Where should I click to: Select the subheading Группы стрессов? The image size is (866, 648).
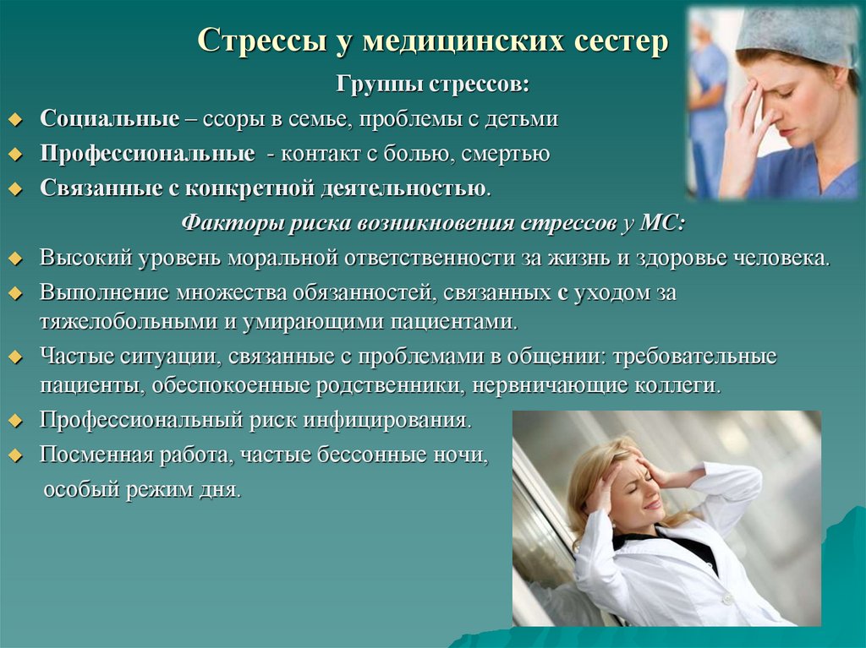[434, 84]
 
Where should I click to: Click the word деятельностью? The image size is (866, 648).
[403, 188]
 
